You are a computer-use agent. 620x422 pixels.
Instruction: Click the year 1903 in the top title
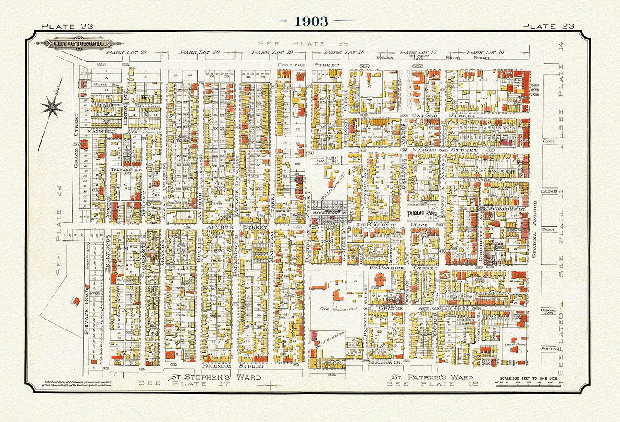pyautogui.click(x=311, y=21)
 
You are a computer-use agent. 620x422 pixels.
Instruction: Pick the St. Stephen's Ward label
pyautogui.click(x=216, y=377)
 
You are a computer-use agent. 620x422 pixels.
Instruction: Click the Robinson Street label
pyautogui.click(x=232, y=366)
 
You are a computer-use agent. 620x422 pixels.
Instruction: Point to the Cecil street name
pyautogui.click(x=549, y=141)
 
